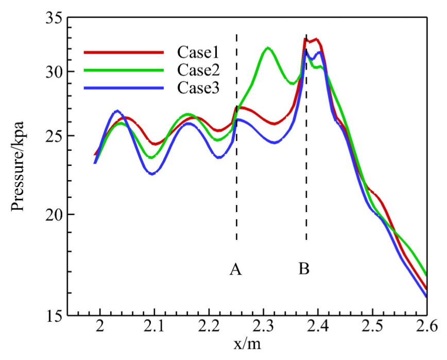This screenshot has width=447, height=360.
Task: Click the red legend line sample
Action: point(124,52)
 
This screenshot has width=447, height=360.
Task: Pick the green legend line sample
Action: point(124,70)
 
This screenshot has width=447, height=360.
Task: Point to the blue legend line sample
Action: point(124,88)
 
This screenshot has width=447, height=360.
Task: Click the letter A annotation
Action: point(236,269)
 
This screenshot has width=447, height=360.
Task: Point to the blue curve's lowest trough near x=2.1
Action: point(152,174)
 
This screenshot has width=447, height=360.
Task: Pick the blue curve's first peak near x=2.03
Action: point(117,111)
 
